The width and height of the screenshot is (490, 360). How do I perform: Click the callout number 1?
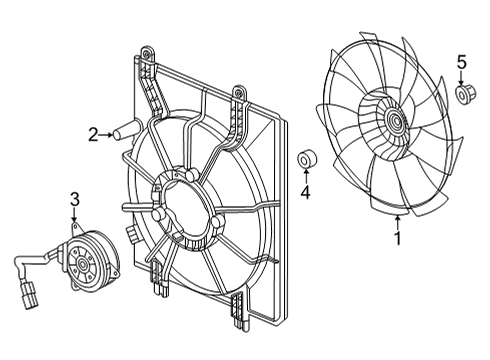pos(397,238)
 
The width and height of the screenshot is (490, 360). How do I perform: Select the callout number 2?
pos(93,135)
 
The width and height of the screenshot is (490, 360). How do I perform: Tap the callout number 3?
pos(75,199)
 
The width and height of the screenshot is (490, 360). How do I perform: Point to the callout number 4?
pos(305,192)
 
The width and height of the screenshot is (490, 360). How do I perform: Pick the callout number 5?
pos(462,63)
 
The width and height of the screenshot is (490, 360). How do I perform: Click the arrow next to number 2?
pos(106,135)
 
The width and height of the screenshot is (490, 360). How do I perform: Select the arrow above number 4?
pos(305,176)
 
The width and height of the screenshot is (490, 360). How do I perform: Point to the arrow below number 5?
pos(462,77)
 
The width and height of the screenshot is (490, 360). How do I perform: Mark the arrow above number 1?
pos(397,223)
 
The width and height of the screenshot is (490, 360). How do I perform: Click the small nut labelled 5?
pos(466,94)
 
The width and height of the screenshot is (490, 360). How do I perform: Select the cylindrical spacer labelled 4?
pos(307,160)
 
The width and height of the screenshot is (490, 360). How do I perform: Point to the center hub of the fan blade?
pos(395,120)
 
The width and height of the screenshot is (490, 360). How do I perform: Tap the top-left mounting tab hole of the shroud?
pos(145,52)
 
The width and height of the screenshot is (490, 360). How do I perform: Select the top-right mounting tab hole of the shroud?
pos(238,91)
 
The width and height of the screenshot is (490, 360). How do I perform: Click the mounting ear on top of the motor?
pos(77,229)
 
